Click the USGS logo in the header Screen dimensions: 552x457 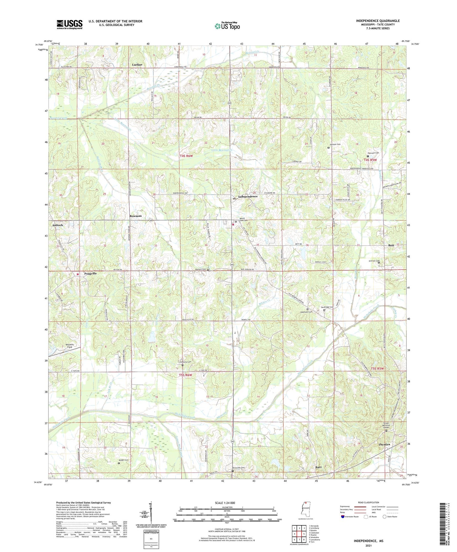(70, 24)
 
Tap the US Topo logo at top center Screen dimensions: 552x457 (227, 26)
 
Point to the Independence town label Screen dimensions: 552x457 (248, 196)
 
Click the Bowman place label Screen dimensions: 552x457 (135, 216)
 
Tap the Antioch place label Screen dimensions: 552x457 (58, 225)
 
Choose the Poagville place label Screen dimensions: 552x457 (90, 273)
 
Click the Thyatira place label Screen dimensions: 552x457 (384, 445)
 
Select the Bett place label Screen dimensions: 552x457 (391, 246)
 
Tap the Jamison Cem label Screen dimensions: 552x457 (335, 144)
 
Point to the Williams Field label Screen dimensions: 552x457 (69, 346)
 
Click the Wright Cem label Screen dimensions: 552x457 (124, 460)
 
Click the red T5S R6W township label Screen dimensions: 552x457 (185, 375)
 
